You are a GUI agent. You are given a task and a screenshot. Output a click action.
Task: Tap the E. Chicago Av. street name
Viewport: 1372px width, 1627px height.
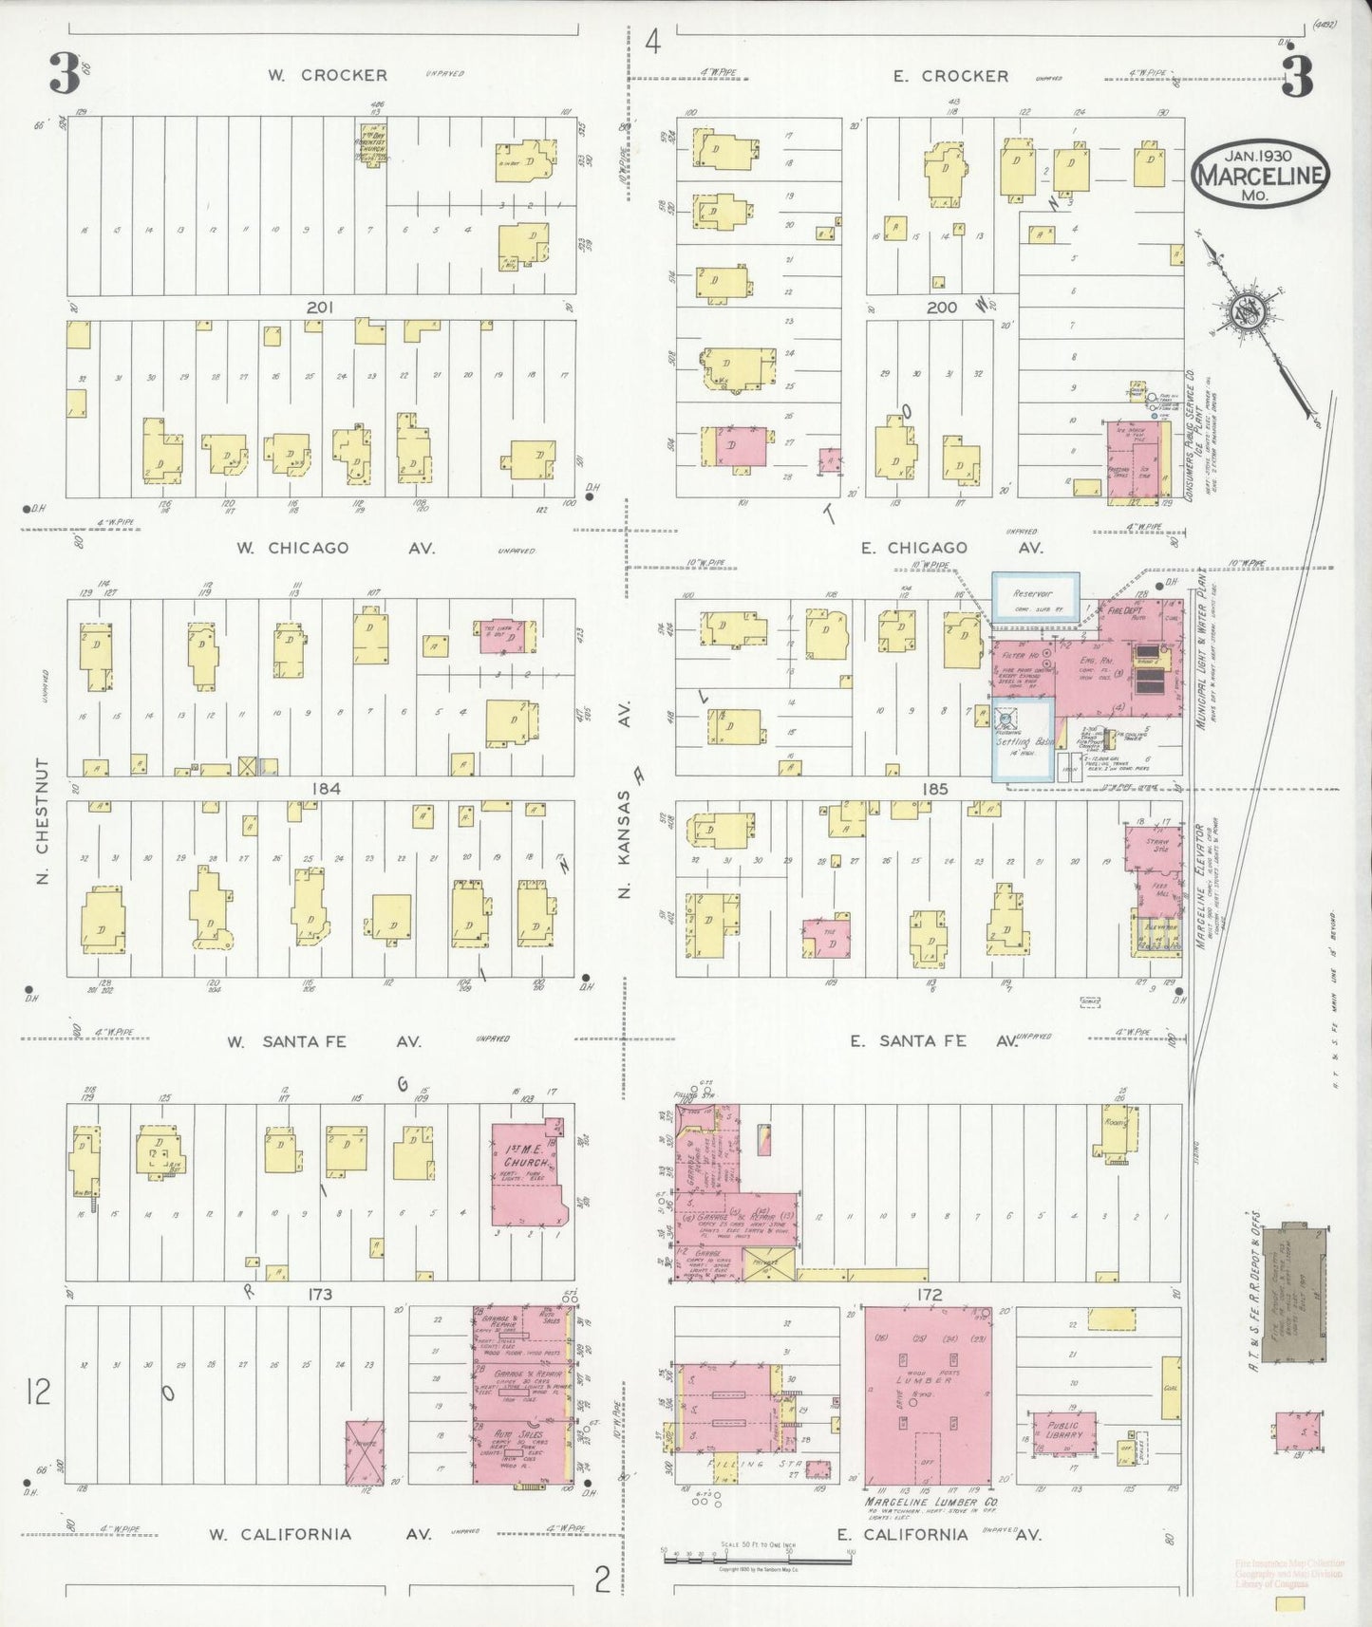point(951,548)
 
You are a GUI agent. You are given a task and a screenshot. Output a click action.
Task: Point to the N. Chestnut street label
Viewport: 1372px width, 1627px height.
point(43,821)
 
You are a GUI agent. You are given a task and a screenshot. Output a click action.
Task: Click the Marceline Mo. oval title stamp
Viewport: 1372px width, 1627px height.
point(1260,173)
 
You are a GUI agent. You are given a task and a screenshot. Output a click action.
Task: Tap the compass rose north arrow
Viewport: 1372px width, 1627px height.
point(1243,311)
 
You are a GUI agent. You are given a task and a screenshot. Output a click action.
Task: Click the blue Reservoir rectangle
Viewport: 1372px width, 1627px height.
point(1036,597)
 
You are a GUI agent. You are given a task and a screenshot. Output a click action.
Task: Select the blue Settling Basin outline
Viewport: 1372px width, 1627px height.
point(1022,740)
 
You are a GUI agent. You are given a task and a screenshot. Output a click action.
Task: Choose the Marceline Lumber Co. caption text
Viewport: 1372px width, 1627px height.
point(930,1504)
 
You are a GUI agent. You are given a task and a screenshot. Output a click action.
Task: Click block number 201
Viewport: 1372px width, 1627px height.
point(319,308)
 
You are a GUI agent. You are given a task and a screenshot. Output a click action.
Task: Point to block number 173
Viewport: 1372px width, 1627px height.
point(319,1294)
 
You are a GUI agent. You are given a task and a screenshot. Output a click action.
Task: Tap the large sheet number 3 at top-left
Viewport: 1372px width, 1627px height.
point(65,73)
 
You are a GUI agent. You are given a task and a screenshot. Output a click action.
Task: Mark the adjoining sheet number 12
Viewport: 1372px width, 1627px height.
point(38,1393)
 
